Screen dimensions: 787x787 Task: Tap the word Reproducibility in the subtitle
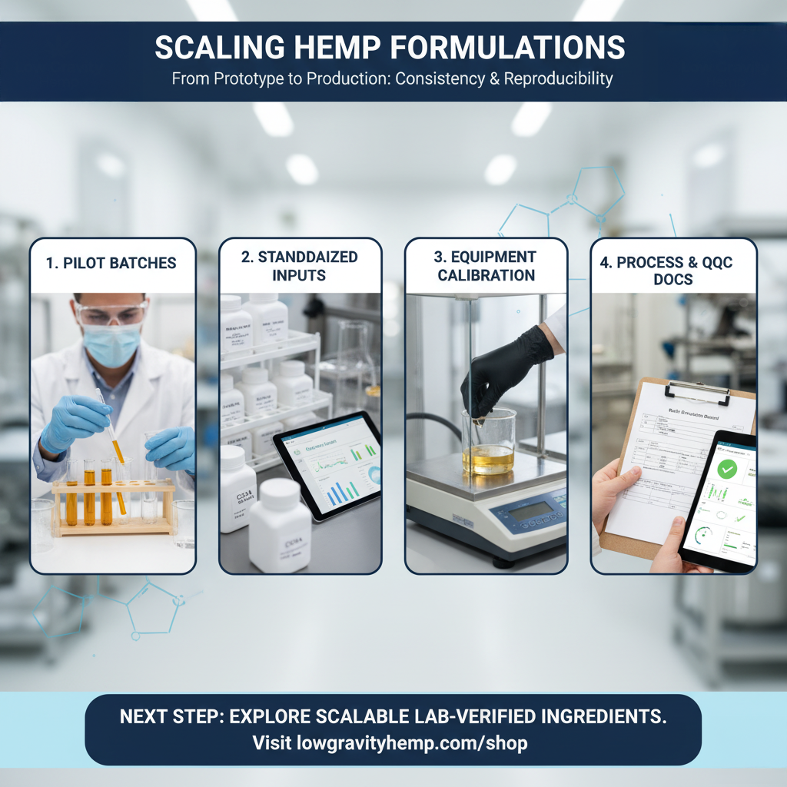point(559,79)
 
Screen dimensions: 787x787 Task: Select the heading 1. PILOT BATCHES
point(111,263)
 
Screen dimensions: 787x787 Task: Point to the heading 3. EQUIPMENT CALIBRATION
point(486,266)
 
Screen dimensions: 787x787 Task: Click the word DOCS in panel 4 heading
point(673,280)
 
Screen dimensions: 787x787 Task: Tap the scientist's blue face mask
point(113,344)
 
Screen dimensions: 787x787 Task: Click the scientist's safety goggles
point(112,313)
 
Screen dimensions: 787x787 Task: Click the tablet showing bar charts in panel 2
point(329,466)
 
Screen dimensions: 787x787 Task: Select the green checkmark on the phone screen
point(726,467)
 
